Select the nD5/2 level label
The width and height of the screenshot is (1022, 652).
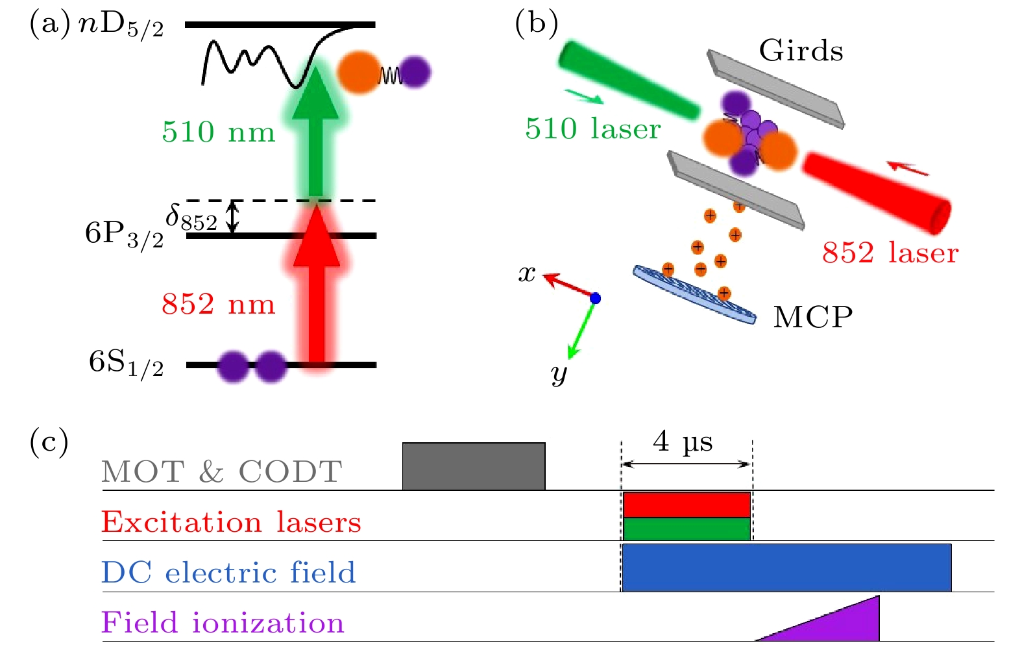pyautogui.click(x=121, y=26)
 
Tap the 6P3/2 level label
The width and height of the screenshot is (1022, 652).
pyautogui.click(x=124, y=234)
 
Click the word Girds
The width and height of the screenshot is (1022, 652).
pyautogui.click(x=801, y=51)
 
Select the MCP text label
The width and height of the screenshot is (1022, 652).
pyautogui.click(x=812, y=317)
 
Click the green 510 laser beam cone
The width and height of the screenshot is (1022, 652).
pyautogui.click(x=626, y=81)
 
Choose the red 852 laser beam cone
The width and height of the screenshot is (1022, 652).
pyautogui.click(x=876, y=192)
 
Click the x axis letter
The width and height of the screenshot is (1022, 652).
pyautogui.click(x=527, y=274)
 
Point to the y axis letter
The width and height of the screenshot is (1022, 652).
pyautogui.click(x=559, y=373)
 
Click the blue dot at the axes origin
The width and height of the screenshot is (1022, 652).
pyautogui.click(x=595, y=299)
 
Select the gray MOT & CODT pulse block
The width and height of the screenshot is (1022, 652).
pyautogui.click(x=474, y=466)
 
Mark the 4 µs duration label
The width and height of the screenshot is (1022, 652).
pyautogui.click(x=683, y=442)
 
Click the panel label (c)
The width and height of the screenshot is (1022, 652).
pyautogui.click(x=49, y=442)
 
